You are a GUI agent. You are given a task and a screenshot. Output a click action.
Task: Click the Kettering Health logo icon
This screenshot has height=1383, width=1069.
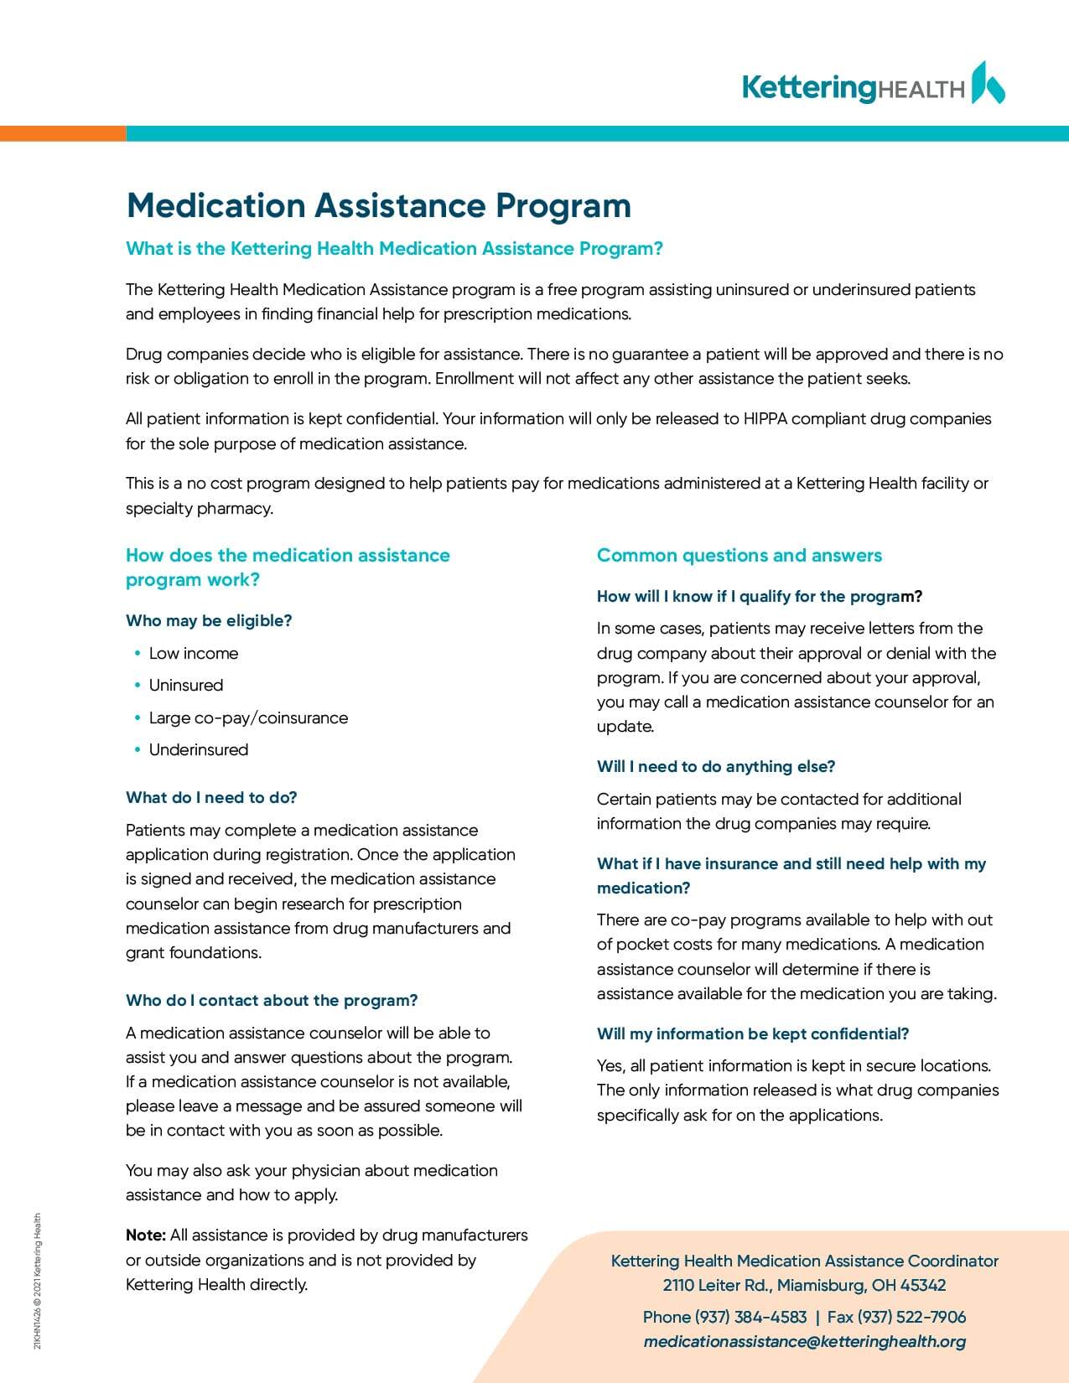(x=988, y=83)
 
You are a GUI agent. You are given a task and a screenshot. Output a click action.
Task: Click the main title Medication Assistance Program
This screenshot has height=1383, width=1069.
(x=378, y=205)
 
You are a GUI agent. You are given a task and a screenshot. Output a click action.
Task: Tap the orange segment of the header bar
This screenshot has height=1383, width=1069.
(x=63, y=133)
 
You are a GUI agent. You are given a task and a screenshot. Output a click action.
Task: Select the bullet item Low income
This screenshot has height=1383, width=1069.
(x=194, y=653)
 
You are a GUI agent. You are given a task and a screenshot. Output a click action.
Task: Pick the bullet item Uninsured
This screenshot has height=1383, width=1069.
(x=186, y=685)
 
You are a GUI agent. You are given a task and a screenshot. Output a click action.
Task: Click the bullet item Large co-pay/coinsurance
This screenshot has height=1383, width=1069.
(x=248, y=717)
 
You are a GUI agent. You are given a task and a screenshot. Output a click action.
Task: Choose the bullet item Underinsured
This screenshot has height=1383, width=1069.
(x=199, y=749)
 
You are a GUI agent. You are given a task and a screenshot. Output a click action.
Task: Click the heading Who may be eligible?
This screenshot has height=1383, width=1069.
(x=209, y=620)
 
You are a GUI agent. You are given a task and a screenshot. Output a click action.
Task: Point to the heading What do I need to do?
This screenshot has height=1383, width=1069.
(x=211, y=797)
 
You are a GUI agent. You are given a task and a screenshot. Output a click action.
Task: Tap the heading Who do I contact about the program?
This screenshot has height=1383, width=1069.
(x=272, y=1000)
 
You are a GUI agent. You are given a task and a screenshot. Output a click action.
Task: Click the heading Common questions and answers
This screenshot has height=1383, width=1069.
(x=739, y=555)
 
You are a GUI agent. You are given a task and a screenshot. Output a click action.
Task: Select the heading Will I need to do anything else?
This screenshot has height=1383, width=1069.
(x=716, y=766)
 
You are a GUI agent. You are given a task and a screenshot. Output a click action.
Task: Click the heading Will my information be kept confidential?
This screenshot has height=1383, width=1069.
(x=753, y=1033)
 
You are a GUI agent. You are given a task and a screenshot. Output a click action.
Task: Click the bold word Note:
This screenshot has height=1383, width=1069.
(x=146, y=1235)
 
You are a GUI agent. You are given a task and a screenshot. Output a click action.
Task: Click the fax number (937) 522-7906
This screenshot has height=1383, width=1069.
(x=911, y=1317)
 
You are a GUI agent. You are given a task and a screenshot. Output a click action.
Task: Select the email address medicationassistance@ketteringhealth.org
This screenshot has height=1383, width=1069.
(x=804, y=1341)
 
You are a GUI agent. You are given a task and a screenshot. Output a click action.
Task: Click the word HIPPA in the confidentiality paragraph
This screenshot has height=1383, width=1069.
(x=765, y=418)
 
